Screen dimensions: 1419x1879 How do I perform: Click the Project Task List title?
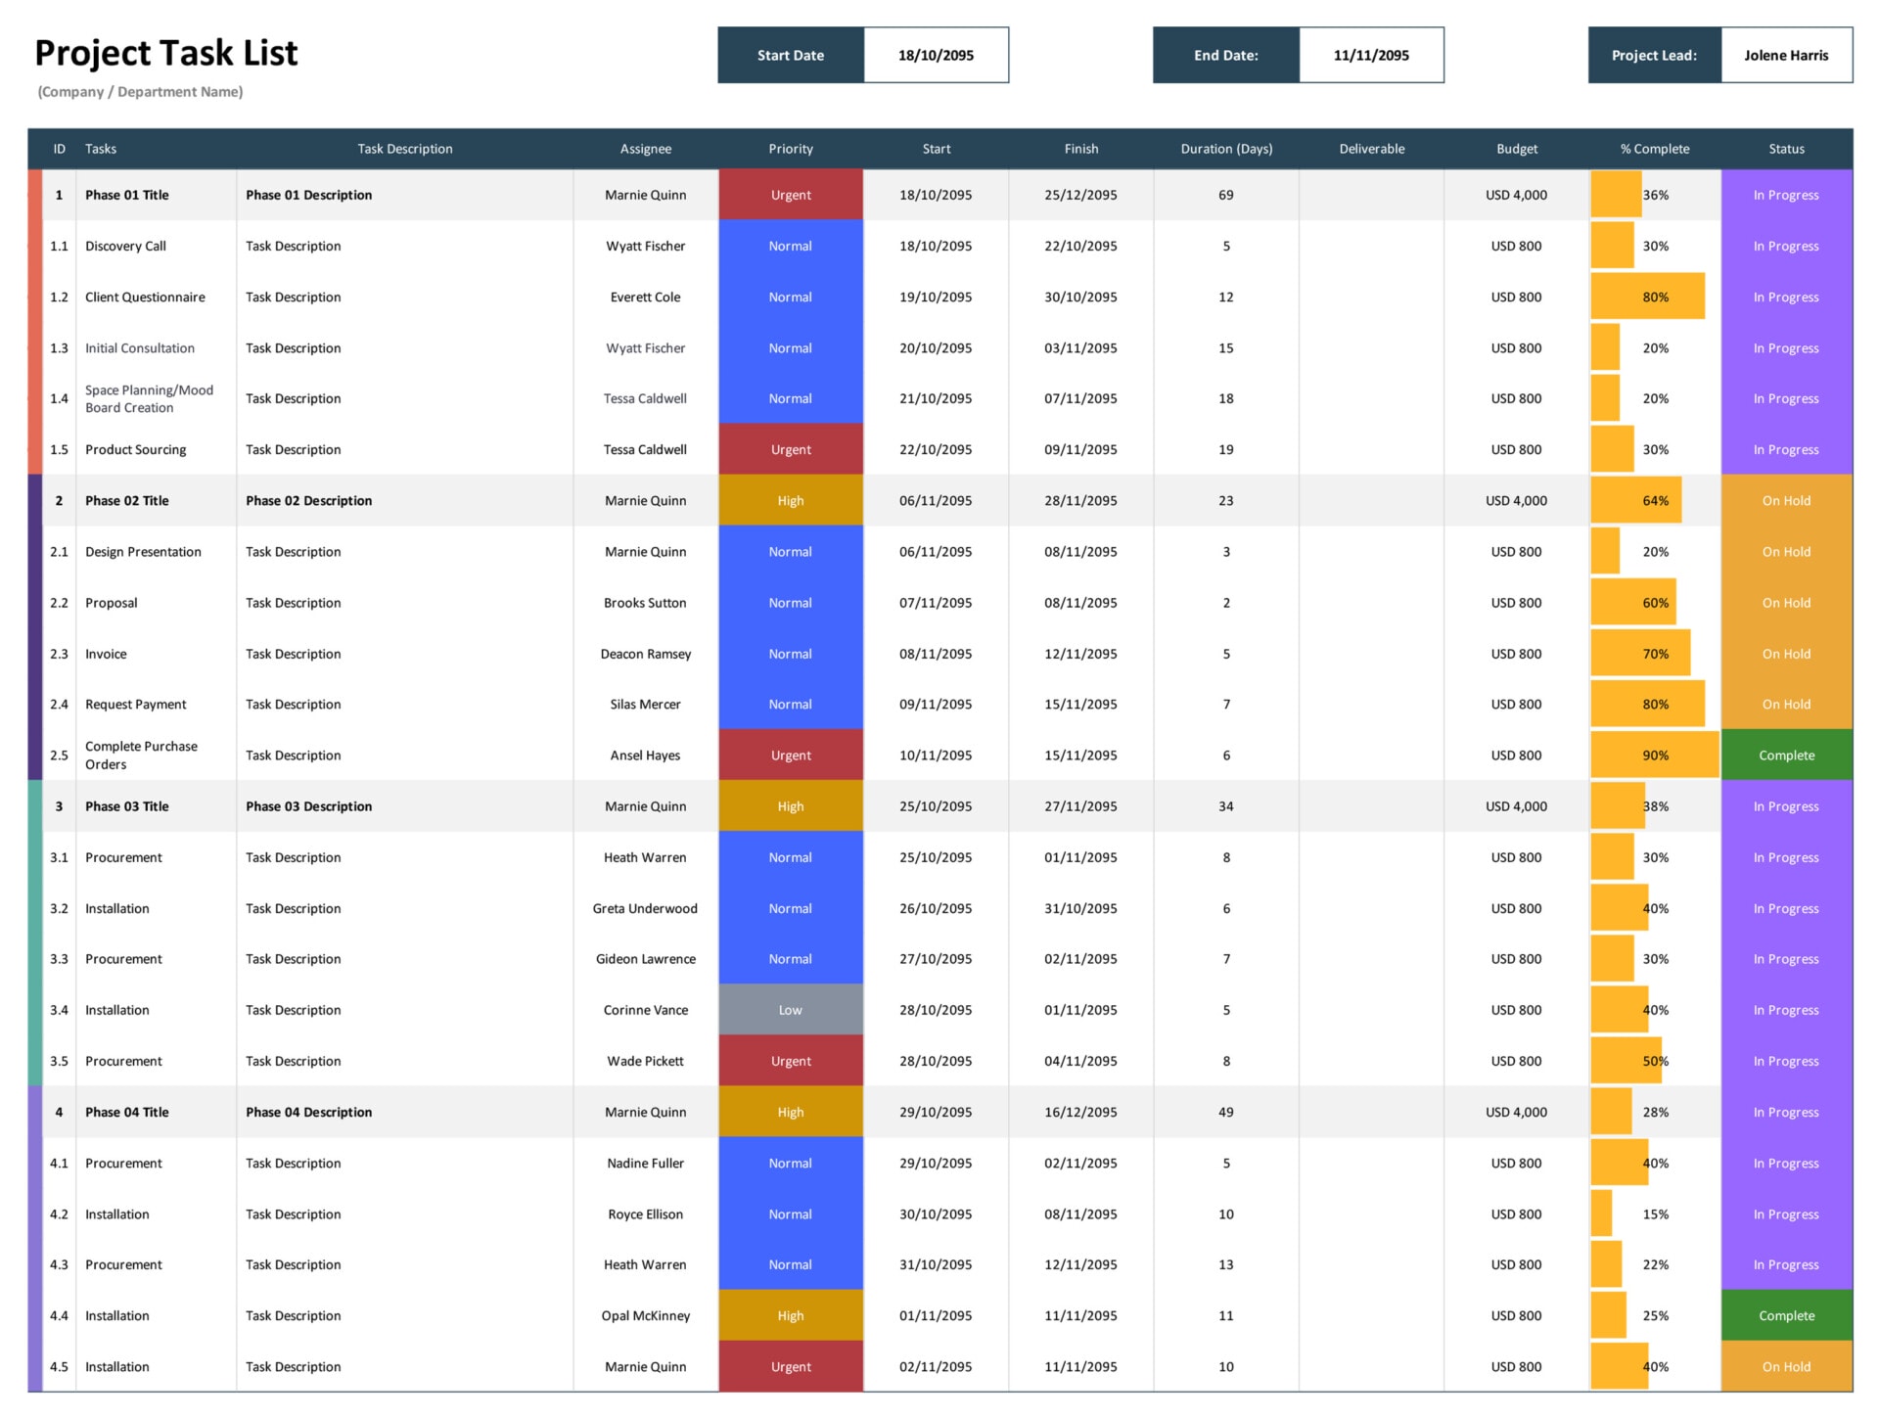tap(165, 53)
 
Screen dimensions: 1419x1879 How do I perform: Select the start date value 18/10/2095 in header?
tap(936, 56)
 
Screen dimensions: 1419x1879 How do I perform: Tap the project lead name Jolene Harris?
tap(1785, 56)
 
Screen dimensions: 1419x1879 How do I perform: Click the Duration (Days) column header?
tap(1225, 149)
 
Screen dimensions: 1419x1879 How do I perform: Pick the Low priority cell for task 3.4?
tap(790, 1010)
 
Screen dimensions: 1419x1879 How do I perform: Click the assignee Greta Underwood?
tap(645, 908)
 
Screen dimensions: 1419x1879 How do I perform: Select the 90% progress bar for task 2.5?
tap(1654, 755)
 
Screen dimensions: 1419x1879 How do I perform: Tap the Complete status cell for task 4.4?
tap(1785, 1315)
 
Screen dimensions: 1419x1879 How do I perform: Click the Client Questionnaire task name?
tap(145, 298)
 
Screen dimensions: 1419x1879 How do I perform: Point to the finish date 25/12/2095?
tap(1080, 195)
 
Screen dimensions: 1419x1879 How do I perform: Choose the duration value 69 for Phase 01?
tap(1225, 195)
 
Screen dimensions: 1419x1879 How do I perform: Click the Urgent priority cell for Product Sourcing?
tap(790, 450)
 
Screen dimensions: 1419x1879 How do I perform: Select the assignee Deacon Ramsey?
tap(645, 654)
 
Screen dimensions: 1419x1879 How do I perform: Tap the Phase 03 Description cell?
tap(308, 806)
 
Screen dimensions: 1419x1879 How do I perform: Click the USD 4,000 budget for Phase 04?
tap(1516, 1112)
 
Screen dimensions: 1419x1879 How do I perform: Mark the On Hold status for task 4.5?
tap(1785, 1366)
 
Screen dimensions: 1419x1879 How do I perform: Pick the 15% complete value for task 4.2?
tap(1655, 1213)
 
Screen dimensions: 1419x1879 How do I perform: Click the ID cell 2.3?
tap(59, 654)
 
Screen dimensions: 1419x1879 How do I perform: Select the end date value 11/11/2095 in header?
tap(1370, 56)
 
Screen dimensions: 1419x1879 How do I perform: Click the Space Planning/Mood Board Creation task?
tap(149, 398)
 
